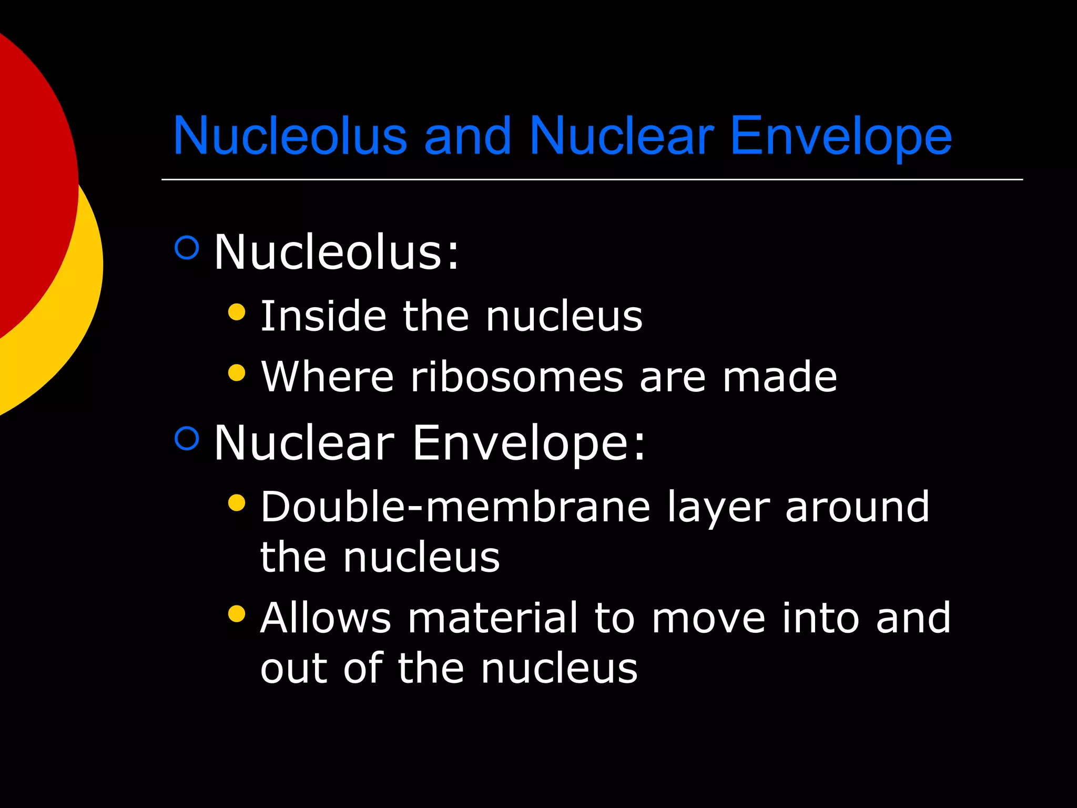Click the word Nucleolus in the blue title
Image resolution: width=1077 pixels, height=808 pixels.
pyautogui.click(x=290, y=136)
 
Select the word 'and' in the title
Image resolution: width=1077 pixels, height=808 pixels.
pyautogui.click(x=468, y=136)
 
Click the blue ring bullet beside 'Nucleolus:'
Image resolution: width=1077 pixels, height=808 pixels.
pyautogui.click(x=187, y=247)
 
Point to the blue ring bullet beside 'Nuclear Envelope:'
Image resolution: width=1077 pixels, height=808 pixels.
pyautogui.click(x=187, y=438)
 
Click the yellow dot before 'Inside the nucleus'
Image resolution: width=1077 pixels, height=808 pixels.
pyautogui.click(x=237, y=311)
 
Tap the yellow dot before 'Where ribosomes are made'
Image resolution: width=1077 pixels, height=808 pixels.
pyautogui.click(x=237, y=372)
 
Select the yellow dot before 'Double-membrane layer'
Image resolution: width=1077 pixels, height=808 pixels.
pyautogui.click(x=237, y=502)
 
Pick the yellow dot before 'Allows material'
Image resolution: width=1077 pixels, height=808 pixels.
pyautogui.click(x=237, y=613)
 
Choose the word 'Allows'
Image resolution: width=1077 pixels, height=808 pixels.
pyautogui.click(x=326, y=618)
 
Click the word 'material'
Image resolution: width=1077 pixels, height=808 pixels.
pyautogui.click(x=493, y=618)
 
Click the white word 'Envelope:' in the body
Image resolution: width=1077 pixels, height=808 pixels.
pyautogui.click(x=528, y=443)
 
